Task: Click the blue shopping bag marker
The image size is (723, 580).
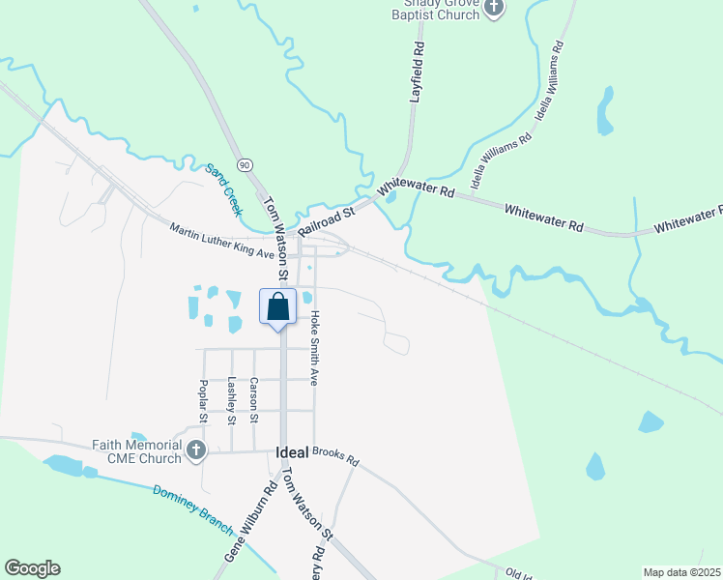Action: tap(278, 307)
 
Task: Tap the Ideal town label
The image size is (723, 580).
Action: tap(291, 451)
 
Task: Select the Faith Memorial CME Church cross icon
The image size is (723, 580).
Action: tap(196, 449)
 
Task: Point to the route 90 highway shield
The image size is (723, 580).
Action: tap(246, 165)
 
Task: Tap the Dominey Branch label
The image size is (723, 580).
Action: tap(193, 507)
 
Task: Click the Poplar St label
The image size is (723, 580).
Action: tap(203, 401)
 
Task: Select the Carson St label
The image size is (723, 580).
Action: tap(253, 400)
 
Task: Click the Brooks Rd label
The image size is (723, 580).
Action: tap(335, 456)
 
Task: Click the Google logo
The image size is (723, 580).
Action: tap(32, 568)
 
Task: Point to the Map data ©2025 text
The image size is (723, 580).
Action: tap(680, 572)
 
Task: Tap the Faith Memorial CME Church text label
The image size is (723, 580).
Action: tap(137, 452)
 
